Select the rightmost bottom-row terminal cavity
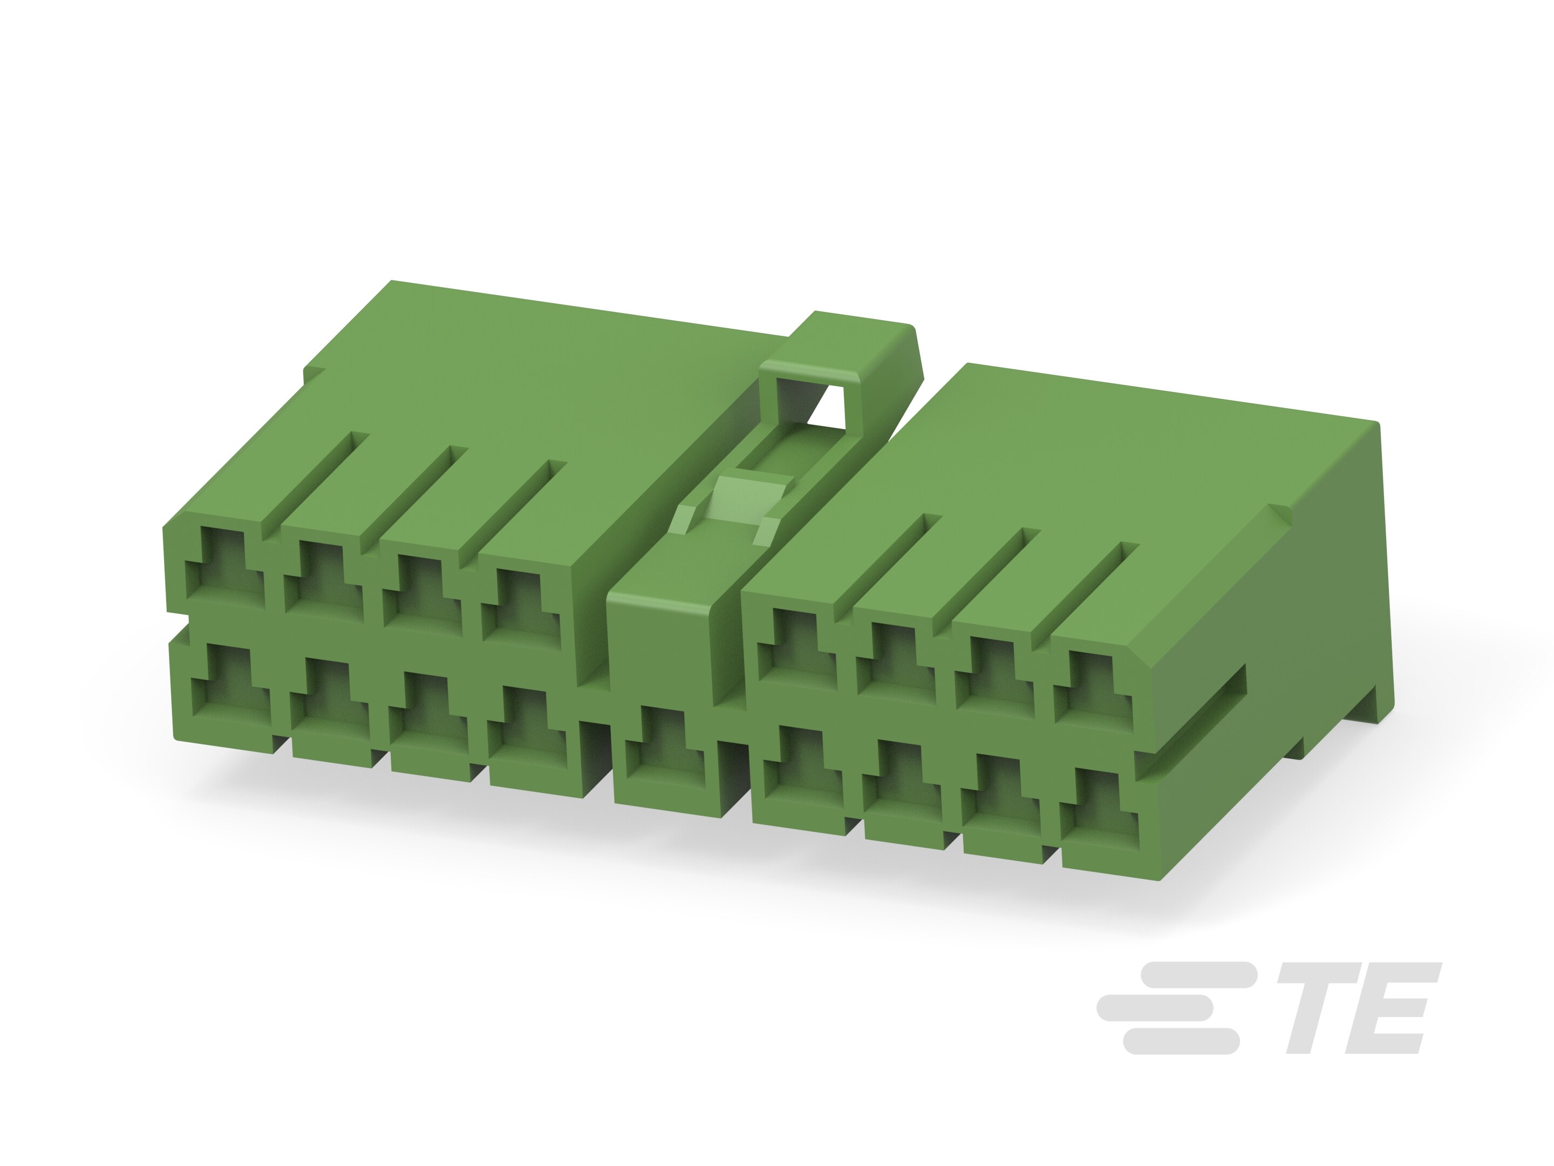1099,808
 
